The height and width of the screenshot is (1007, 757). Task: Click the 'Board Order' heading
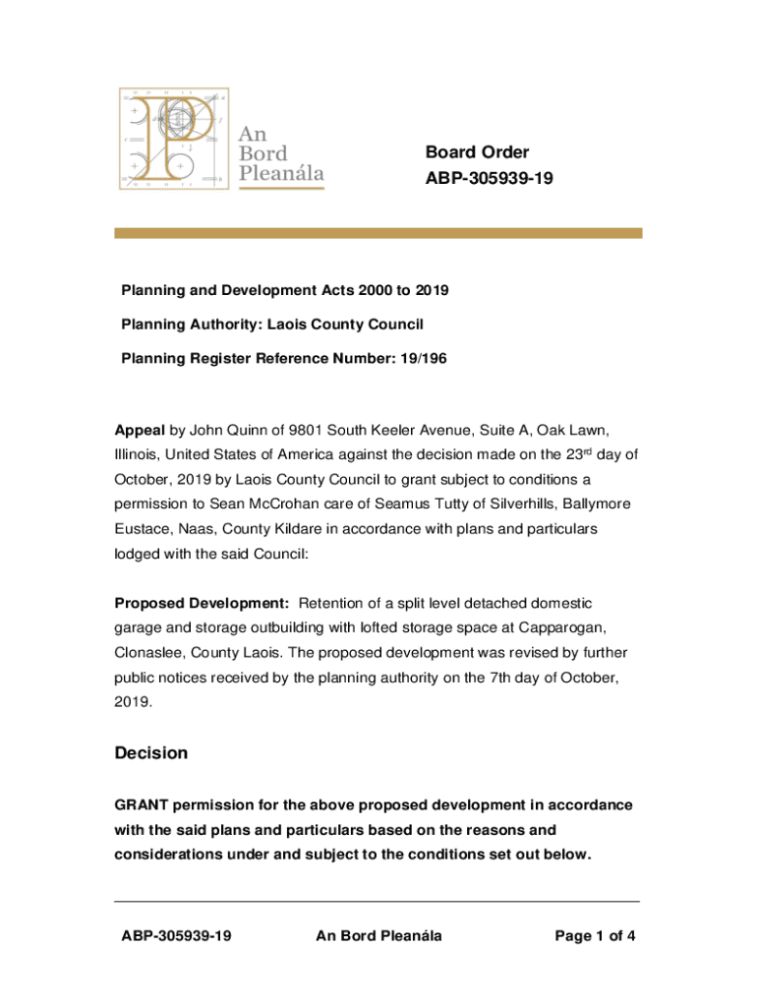[x=477, y=152]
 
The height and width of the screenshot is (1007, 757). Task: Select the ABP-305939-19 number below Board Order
[x=482, y=179]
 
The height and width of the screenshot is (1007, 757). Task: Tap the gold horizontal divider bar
[x=378, y=233]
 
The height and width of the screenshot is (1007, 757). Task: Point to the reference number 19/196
[x=426, y=358]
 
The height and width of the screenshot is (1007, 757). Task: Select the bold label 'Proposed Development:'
[x=202, y=602]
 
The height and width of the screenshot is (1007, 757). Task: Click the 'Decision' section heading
[x=150, y=753]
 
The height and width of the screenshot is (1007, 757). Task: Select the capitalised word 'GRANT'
[x=141, y=805]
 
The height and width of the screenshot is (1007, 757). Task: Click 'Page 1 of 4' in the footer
[x=595, y=936]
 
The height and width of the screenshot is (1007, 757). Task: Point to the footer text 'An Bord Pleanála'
[x=378, y=936]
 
